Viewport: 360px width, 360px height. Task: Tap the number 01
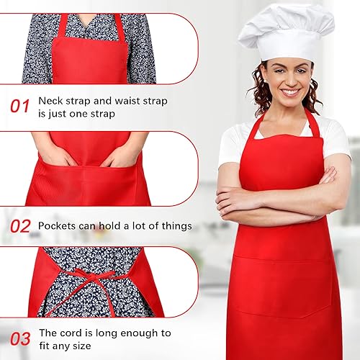pos(20,107)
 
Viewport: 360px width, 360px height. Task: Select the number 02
pos(20,226)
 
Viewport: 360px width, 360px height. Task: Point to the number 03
pos(20,339)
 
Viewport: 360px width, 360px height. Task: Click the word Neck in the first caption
pos(50,101)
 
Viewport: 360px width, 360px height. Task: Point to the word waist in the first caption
pos(127,101)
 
